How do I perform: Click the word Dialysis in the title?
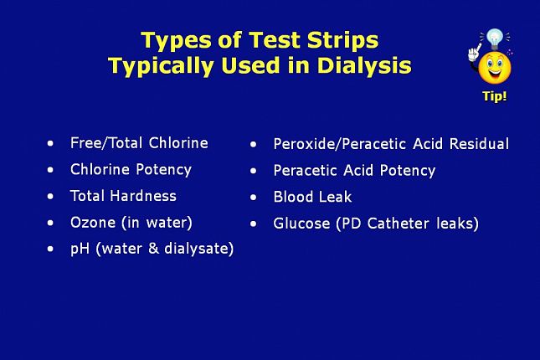[364, 65]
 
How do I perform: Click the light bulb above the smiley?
[495, 39]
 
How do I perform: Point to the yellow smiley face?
[495, 68]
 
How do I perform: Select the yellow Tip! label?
[495, 96]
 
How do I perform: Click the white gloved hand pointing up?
[474, 53]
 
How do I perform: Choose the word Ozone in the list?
[93, 223]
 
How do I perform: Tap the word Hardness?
[144, 196]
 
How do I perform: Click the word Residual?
[480, 144]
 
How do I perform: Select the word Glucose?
[301, 224]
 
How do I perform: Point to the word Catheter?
[399, 224]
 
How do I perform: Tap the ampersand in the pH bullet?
[153, 249]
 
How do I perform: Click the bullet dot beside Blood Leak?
[254, 198]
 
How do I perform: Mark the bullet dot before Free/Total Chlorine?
[50, 143]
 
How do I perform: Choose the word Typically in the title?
[162, 66]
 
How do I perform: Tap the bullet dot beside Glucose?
[254, 224]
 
